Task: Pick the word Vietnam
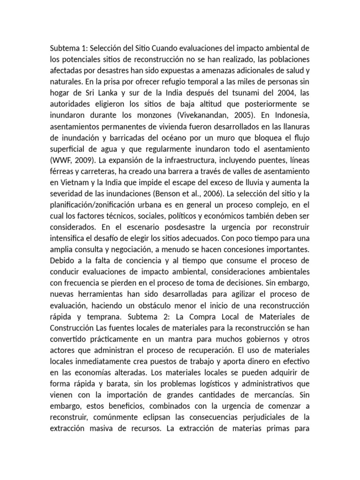click(x=71, y=182)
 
